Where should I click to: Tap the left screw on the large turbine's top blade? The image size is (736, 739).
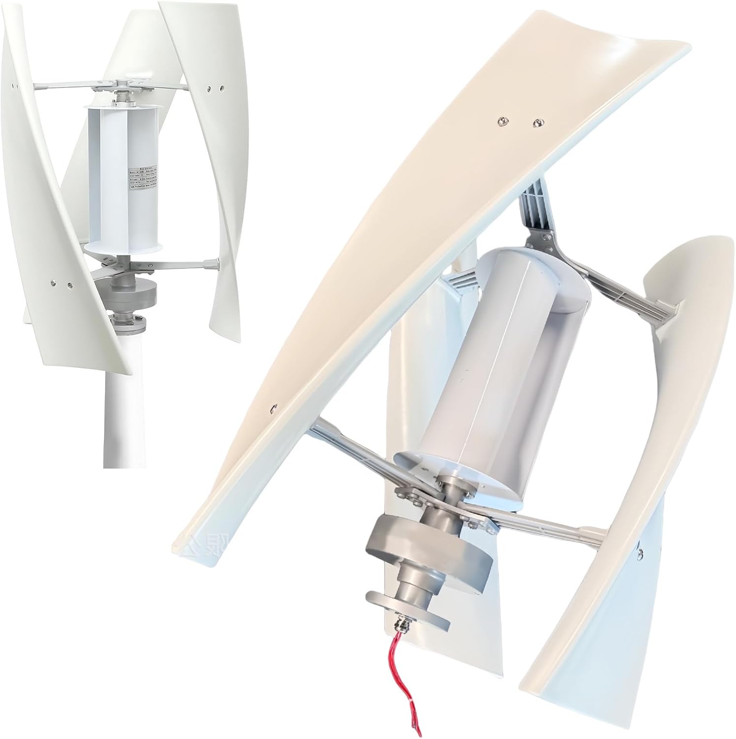point(502,119)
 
